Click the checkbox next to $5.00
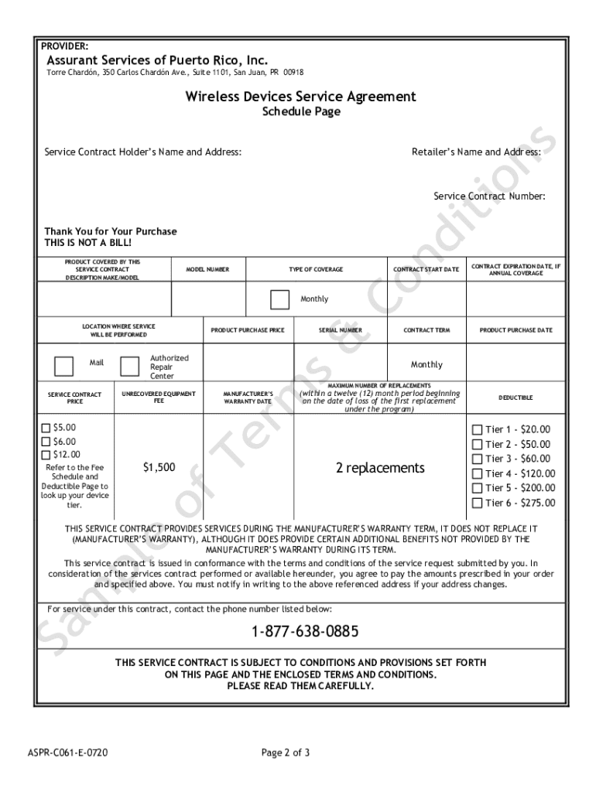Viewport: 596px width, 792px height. coord(46,428)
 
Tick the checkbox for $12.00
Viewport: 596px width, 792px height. coord(46,455)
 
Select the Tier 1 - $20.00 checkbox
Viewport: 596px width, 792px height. coord(477,430)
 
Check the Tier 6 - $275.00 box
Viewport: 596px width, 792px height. coord(477,503)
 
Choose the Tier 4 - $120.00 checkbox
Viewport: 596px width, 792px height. coord(477,473)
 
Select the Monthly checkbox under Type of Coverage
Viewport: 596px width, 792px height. coord(279,299)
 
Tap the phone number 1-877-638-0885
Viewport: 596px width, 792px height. coord(304,632)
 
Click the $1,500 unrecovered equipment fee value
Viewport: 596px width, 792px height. coord(159,467)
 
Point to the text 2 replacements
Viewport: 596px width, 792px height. coord(380,468)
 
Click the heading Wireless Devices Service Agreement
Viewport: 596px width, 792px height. coord(300,97)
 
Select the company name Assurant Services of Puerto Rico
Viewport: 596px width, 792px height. coord(157,60)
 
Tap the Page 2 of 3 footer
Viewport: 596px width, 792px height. coord(286,751)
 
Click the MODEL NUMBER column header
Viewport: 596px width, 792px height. coord(207,269)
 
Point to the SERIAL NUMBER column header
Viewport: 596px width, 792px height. coord(340,330)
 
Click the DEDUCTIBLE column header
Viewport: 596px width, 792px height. coord(515,398)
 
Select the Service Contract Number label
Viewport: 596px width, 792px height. coord(488,196)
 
